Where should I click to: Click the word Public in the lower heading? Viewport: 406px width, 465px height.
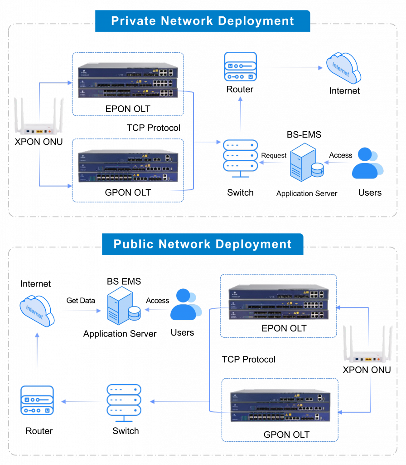coord(131,244)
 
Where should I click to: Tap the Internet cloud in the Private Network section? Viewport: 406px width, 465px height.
coord(343,68)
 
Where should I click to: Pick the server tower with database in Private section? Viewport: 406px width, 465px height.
coord(306,162)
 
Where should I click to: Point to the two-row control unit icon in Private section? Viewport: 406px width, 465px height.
coord(240,67)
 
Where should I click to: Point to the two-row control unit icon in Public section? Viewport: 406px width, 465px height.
coord(37,401)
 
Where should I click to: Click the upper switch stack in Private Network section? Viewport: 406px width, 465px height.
coord(128,82)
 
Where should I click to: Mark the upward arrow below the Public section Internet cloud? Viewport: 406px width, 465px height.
coord(37,350)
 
